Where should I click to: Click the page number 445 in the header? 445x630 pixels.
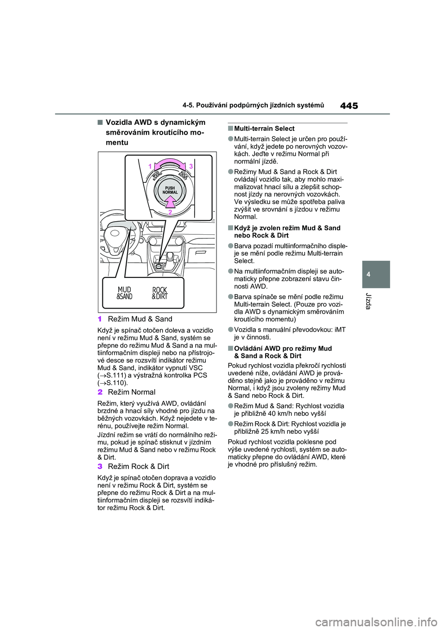349,106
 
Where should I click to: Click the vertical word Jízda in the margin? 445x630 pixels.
369,301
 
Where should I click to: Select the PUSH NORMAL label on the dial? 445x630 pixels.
170,190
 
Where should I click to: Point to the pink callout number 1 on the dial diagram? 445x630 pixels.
150,166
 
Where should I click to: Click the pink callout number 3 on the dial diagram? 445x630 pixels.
191,166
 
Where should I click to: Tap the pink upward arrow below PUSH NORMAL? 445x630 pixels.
171,201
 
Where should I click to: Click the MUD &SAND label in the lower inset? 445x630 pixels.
124,293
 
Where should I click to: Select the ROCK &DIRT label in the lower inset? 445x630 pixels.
159,293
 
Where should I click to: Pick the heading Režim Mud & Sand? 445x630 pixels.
140,319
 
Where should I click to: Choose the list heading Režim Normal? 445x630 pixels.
132,392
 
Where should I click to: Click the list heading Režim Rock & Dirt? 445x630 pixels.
138,466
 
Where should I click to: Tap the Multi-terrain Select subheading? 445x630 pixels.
264,129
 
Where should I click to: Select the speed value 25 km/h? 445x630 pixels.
277,431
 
